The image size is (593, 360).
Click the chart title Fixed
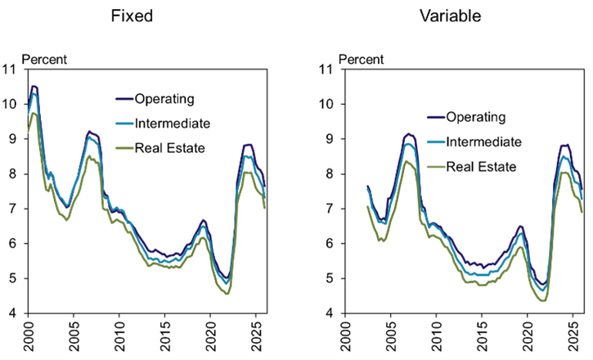pyautogui.click(x=142, y=16)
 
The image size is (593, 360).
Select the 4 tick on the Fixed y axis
pyautogui.click(x=16, y=313)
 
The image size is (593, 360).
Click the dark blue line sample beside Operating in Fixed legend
pyautogui.click(x=123, y=100)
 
